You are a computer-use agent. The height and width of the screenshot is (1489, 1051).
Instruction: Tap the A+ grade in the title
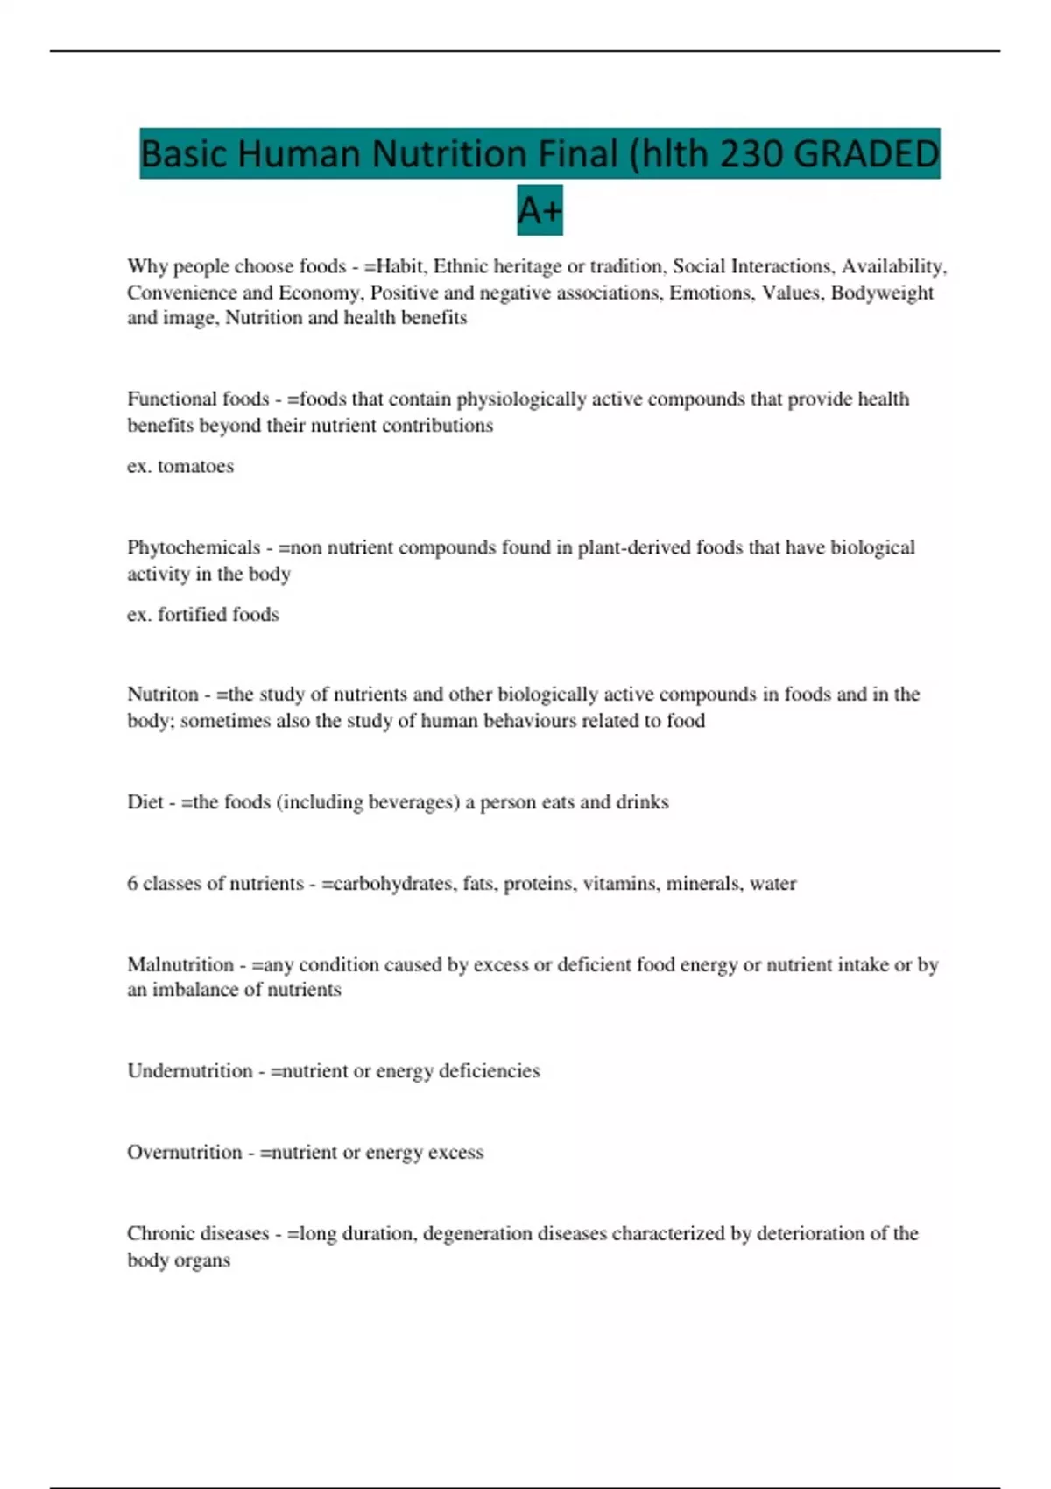[540, 210]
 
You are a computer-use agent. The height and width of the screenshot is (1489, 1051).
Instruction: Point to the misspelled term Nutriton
[163, 695]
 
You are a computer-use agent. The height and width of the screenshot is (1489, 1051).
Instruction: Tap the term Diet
[145, 802]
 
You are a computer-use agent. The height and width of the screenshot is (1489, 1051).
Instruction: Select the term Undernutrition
[189, 1070]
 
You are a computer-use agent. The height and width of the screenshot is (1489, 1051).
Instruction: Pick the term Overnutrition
[184, 1152]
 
